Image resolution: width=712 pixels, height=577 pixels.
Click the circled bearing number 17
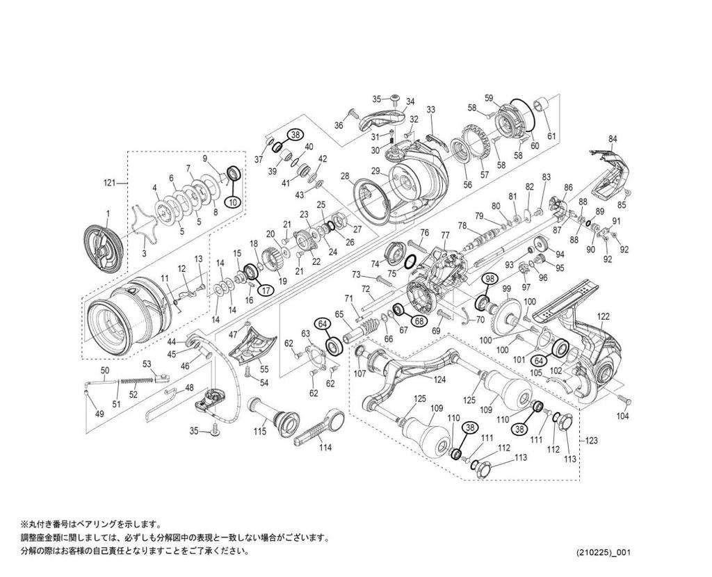[x=265, y=289]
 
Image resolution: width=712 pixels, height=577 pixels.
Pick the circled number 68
[x=418, y=320]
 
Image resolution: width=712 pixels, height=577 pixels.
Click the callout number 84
[x=613, y=139]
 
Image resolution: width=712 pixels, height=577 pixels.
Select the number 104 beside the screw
[x=622, y=416]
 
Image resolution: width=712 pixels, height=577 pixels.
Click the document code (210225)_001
[x=604, y=553]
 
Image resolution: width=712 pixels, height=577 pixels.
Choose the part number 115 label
[x=259, y=432]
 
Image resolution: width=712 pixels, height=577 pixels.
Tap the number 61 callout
[x=551, y=136]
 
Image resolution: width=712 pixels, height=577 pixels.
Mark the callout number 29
[x=375, y=171]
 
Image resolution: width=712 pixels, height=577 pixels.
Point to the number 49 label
[x=99, y=414]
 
